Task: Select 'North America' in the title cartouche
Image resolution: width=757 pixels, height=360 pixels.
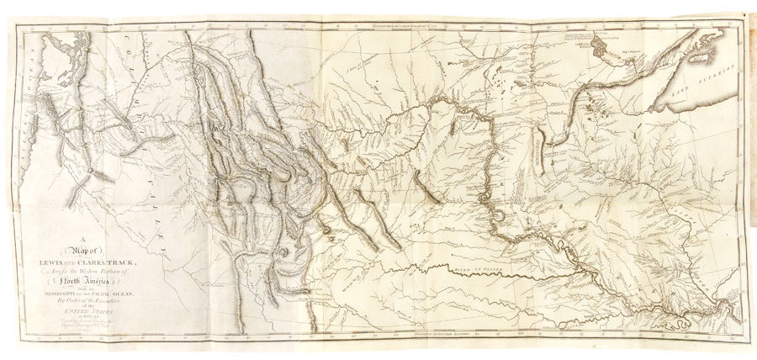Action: coord(85,282)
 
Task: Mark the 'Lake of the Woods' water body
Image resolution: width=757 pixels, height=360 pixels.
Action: coord(599,41)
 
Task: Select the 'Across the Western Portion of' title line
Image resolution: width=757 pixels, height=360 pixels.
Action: coord(85,271)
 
